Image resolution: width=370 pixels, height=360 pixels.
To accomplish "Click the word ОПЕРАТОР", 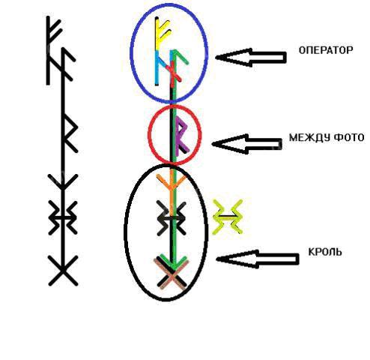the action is coord(326,50).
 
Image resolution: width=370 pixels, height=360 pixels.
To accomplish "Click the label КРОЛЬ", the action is coord(325,252).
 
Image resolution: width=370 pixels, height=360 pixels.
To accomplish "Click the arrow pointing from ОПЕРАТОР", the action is coord(251,58).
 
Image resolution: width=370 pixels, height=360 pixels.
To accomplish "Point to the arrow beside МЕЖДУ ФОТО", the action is coord(247,144).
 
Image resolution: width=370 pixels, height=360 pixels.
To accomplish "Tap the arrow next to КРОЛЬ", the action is coord(258,259).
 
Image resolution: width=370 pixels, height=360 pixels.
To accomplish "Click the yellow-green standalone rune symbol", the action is coord(227,217).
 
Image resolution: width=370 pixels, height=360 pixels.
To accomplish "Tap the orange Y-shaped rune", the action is coord(172,190).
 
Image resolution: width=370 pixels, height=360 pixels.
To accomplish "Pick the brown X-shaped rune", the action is coord(172,274).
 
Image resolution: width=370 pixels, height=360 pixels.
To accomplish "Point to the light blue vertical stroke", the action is coord(157,68).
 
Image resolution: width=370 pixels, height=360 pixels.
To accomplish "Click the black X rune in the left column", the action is coord(63,271).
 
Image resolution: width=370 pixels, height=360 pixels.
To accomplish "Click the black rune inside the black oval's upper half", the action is coord(172,218).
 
